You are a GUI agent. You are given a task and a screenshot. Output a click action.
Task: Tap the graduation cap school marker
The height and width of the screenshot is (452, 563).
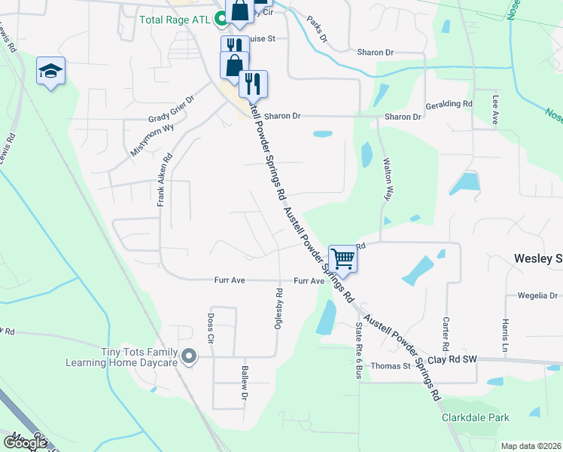point(50,71)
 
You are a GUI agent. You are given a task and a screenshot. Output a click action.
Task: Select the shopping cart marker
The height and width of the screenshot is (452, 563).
point(343,258)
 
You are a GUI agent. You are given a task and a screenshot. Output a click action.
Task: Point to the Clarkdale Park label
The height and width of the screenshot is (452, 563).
point(475,417)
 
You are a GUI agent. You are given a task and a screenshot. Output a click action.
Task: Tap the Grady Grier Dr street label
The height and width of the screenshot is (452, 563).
point(171,108)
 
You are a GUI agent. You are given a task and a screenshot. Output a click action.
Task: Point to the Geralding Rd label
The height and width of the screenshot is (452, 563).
point(449,104)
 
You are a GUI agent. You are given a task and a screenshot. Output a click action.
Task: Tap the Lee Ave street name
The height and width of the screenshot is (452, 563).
point(495,109)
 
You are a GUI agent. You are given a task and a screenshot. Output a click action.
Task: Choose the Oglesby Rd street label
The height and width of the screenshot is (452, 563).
point(278,308)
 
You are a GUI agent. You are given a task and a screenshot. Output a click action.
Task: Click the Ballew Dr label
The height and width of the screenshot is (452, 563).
point(245,383)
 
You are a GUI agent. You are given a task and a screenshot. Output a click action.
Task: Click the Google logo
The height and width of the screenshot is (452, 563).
point(25,443)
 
